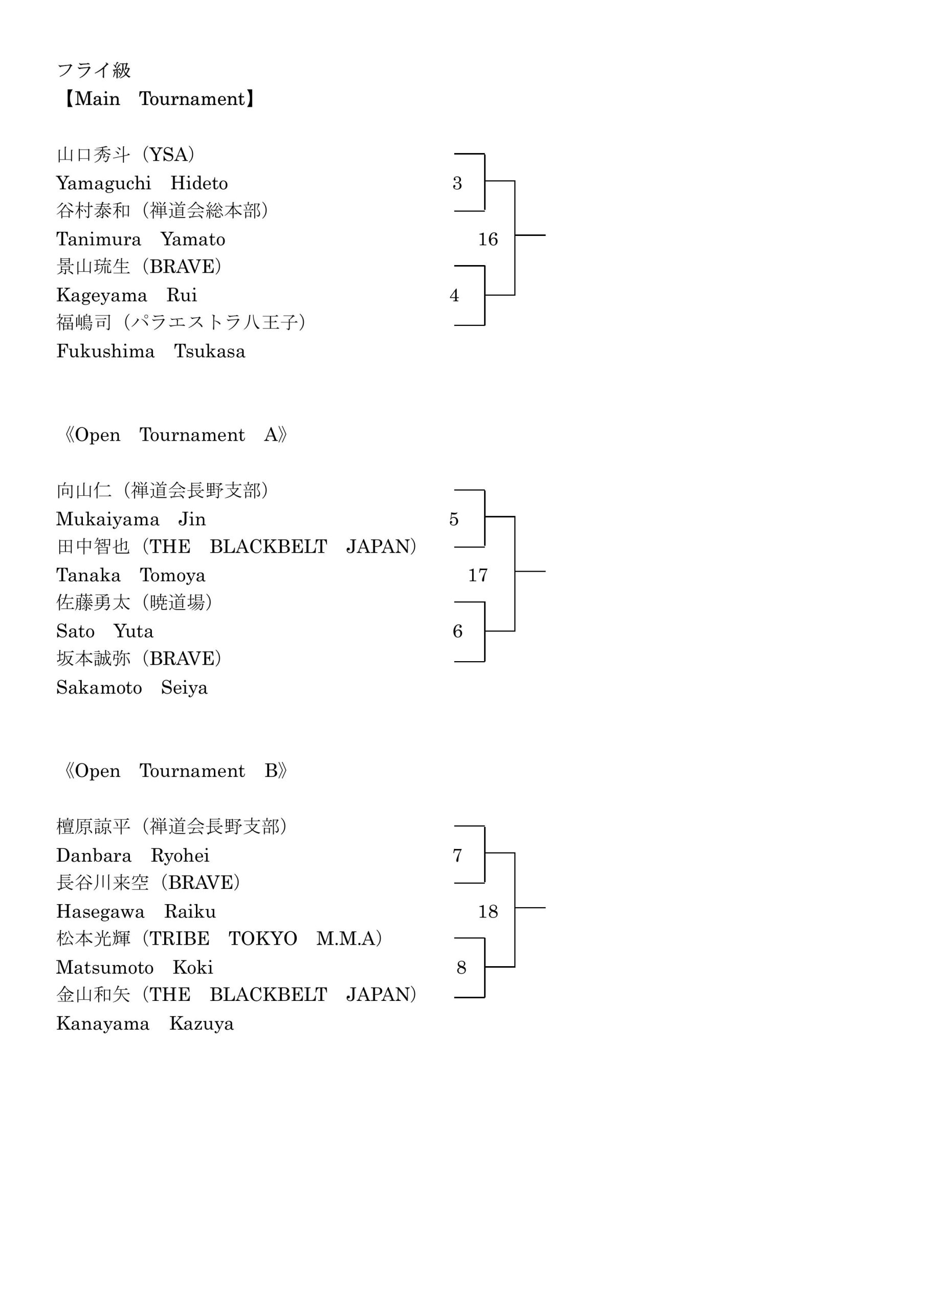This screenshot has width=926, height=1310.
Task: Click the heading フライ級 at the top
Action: point(94,70)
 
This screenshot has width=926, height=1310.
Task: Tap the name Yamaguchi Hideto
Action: point(142,183)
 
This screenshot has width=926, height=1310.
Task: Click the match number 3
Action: point(457,183)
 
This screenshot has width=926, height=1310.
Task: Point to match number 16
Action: point(488,239)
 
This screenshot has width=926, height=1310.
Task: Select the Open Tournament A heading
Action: point(175,435)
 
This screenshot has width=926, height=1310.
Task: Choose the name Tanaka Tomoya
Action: point(130,575)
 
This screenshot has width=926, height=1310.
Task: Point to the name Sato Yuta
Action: point(105,631)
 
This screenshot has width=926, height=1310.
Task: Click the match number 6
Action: point(457,631)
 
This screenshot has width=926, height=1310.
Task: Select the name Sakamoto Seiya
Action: point(132,688)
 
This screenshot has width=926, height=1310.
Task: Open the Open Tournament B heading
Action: point(175,771)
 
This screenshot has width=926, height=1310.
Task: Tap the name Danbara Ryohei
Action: point(133,856)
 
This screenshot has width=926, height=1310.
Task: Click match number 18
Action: point(488,911)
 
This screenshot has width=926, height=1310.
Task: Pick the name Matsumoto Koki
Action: point(135,967)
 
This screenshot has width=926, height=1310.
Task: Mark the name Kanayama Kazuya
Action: point(145,1023)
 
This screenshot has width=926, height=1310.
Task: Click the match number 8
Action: point(461,967)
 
